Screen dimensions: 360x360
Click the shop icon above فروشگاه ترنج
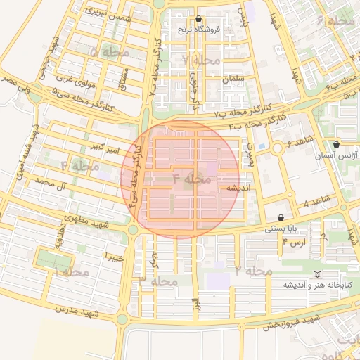[199, 19]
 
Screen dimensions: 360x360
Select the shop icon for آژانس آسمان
[336, 144]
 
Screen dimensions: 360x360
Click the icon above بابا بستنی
[282, 218]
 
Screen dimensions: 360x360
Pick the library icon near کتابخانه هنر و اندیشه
[316, 274]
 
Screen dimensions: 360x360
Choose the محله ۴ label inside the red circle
[191, 179]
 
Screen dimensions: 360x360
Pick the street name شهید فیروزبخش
[292, 323]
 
